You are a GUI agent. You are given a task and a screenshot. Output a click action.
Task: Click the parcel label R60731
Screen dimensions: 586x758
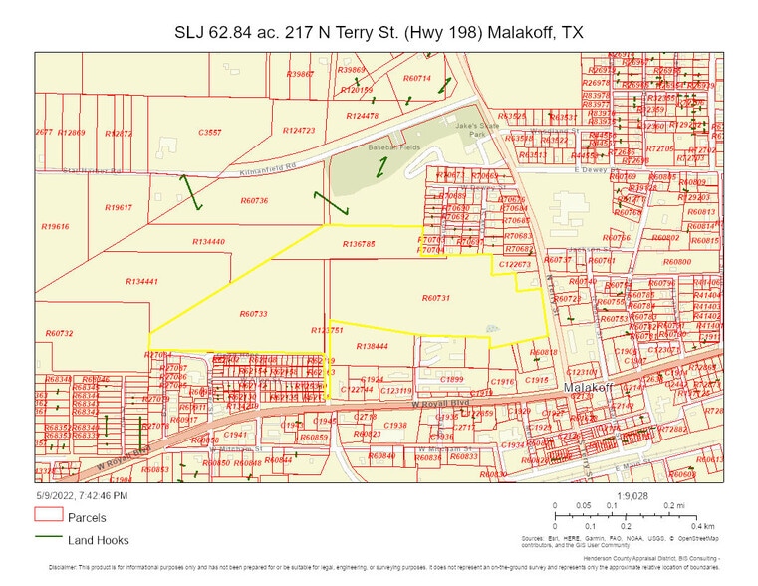coord(436,298)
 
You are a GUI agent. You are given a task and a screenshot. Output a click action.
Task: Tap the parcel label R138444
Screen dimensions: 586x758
coord(371,346)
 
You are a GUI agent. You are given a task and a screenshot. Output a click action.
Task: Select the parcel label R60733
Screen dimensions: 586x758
coord(253,314)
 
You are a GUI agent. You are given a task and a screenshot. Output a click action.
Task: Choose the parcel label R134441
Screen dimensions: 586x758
coord(142,282)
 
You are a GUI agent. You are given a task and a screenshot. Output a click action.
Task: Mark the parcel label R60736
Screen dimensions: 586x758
coord(254,201)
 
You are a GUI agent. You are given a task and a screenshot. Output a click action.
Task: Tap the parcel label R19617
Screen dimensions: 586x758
coord(118,207)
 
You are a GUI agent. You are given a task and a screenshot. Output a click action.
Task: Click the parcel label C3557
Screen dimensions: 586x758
coord(210,132)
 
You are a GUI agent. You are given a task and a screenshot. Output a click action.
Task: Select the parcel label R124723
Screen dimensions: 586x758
coord(298,131)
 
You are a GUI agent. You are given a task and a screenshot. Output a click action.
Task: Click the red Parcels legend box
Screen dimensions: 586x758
coord(49,516)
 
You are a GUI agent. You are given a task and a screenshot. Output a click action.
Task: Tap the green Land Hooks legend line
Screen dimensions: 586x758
coord(49,540)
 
